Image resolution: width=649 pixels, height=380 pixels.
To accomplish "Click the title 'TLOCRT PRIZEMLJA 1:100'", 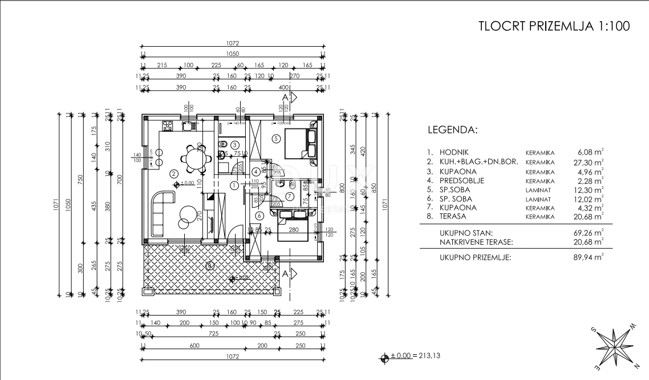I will (x=554, y=27).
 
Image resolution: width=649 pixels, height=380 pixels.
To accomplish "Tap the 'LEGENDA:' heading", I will (x=452, y=130).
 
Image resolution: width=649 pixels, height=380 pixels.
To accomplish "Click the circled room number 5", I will (x=276, y=138).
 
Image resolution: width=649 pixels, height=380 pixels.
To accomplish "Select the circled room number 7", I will (x=289, y=196).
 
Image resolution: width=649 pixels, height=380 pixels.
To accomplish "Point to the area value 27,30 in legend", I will (x=590, y=162).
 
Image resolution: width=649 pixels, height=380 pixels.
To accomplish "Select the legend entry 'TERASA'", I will (x=453, y=217).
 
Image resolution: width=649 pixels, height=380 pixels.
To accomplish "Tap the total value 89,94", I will (x=590, y=257).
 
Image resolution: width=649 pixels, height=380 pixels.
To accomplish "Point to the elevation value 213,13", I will (x=428, y=356).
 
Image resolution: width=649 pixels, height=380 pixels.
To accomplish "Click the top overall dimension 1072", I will (x=232, y=43).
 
